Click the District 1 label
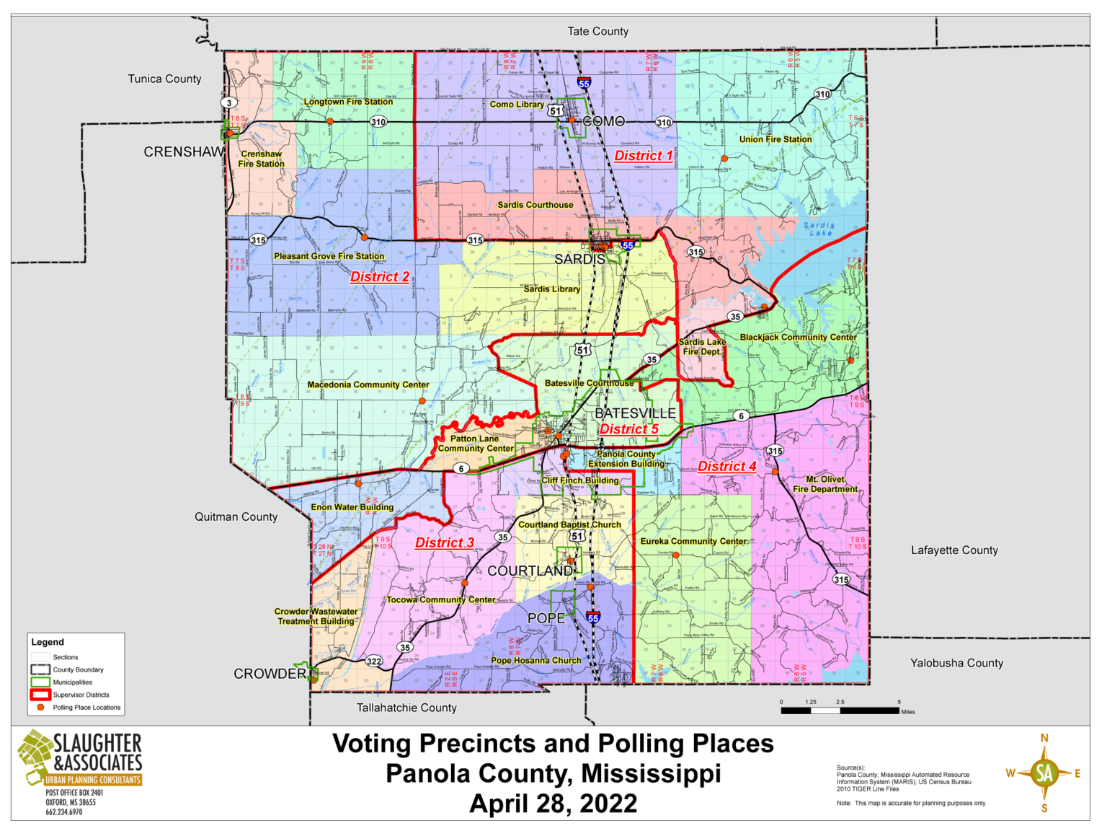click(x=644, y=156)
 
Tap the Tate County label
click(x=597, y=31)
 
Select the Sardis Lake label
click(x=819, y=229)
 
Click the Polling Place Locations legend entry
click(x=86, y=708)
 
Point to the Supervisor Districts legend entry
click(x=80, y=695)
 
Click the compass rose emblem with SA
click(x=1044, y=773)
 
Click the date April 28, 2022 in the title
click(x=553, y=804)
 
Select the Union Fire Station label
click(x=775, y=139)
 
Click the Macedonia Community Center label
click(x=368, y=385)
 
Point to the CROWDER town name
click(x=270, y=674)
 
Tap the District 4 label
click(x=727, y=467)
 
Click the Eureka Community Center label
click(x=693, y=541)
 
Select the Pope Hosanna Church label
click(x=535, y=661)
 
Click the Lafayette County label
click(x=954, y=550)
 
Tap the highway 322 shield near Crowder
click(x=373, y=661)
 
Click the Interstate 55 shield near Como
click(x=584, y=84)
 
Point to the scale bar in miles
click(x=840, y=711)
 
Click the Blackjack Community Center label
click(x=798, y=338)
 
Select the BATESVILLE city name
click(x=635, y=413)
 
